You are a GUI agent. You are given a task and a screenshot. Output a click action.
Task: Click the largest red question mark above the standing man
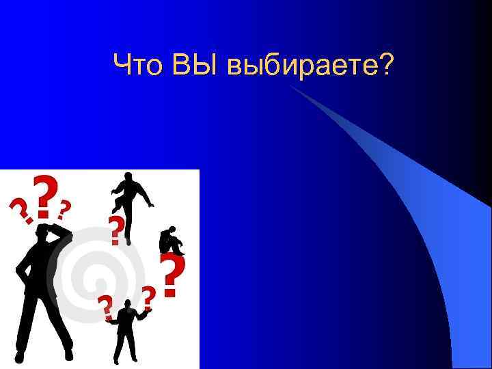(x=44, y=195)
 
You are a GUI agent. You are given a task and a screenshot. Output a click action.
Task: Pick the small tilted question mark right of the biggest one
(x=64, y=207)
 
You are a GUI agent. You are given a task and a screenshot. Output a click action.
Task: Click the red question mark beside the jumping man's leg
(x=118, y=230)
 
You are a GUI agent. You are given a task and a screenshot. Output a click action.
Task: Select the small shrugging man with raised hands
(x=126, y=331)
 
